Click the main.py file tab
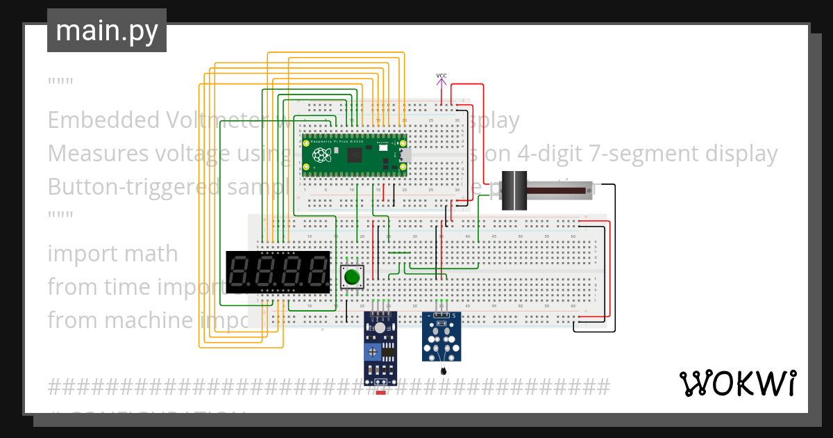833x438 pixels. (x=107, y=31)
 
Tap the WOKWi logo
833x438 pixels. (x=737, y=383)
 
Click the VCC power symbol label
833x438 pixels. (x=441, y=76)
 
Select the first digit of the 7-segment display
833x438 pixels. (x=240, y=272)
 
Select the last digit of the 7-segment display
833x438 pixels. (x=318, y=272)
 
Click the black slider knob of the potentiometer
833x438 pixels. (x=514, y=190)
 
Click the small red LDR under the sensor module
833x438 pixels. (x=380, y=393)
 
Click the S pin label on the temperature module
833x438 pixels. (x=455, y=316)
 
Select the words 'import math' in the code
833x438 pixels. (x=112, y=254)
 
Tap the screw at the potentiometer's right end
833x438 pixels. (x=589, y=189)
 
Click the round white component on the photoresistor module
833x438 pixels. (x=380, y=327)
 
